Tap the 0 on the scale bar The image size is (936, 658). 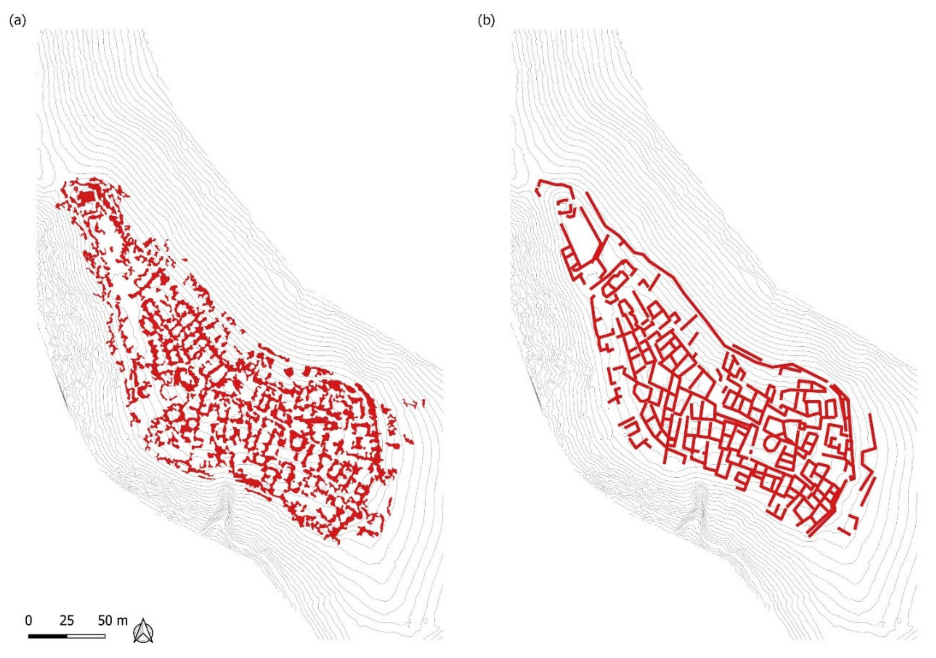point(29,621)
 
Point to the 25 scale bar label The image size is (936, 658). point(67,621)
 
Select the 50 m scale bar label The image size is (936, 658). point(112,621)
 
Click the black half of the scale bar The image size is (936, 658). point(48,636)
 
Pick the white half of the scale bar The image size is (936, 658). point(86,636)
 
